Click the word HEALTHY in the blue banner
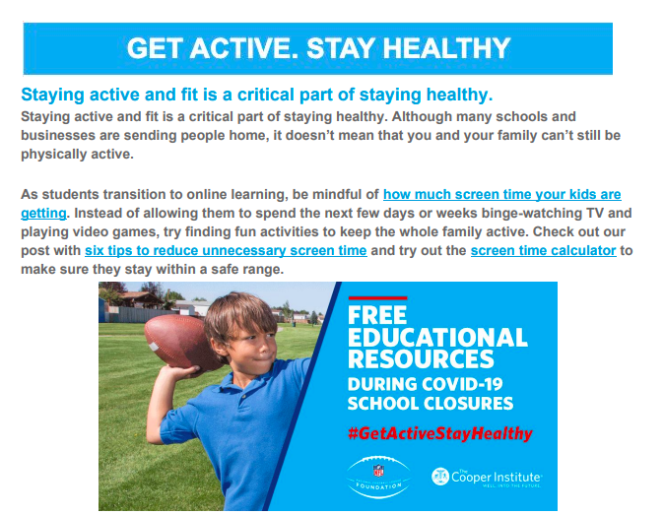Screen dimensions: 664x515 (x=446, y=48)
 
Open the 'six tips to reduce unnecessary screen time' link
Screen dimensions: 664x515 (x=226, y=250)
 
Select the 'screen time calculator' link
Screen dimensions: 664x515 (x=543, y=250)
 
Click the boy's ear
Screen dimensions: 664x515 (x=219, y=342)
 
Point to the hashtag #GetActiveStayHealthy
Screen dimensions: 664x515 (x=440, y=433)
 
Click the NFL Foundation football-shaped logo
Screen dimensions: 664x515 (x=378, y=477)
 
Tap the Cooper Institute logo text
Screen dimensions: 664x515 (x=496, y=477)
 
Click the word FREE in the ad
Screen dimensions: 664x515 (x=377, y=315)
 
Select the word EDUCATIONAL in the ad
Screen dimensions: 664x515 (x=437, y=338)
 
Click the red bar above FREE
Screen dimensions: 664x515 (x=377, y=298)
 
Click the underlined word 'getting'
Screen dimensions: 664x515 (x=43, y=214)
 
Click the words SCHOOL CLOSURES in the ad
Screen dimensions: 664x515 (x=431, y=404)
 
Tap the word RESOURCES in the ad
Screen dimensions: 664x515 (x=421, y=358)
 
